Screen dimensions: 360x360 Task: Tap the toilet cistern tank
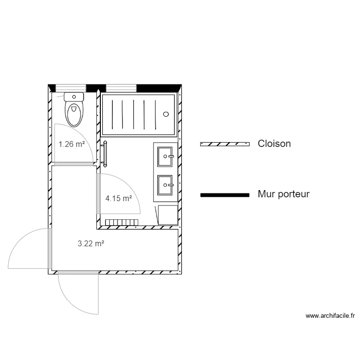74,96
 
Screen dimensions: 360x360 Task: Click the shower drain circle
166,114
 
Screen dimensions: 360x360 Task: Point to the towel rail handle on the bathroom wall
104,154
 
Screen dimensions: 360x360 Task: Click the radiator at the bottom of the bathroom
121,222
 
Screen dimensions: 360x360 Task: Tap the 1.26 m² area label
72,144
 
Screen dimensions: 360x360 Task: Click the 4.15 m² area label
119,198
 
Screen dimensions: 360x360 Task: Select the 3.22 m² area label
91,244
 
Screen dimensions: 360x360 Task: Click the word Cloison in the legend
274,144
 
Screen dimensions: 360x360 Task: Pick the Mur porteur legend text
284,194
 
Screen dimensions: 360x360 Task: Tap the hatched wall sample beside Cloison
225,144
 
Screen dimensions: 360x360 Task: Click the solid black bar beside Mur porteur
225,195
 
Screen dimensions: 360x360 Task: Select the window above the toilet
71,88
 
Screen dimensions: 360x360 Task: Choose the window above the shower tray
121,88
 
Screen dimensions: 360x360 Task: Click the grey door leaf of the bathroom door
98,193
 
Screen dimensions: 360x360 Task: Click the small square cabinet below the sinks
168,215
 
